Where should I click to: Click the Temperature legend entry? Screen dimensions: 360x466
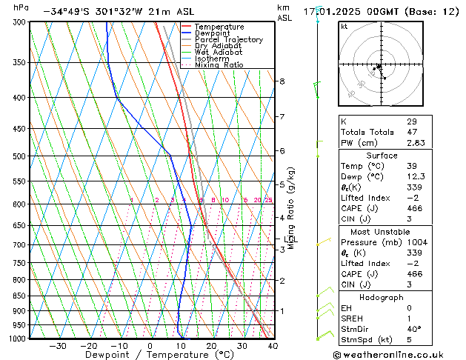[x=216, y=27]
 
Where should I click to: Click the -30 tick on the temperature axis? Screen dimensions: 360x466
[x=57, y=346]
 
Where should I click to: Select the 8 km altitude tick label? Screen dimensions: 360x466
[x=282, y=81]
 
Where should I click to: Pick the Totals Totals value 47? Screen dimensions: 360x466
[x=411, y=132]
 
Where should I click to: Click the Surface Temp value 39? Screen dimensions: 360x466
[x=411, y=167]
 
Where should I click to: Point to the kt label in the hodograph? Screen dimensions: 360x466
[x=344, y=27]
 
